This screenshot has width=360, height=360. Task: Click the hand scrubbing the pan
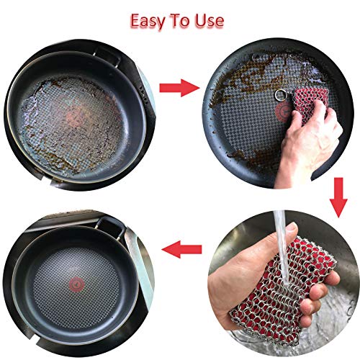[320, 133]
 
